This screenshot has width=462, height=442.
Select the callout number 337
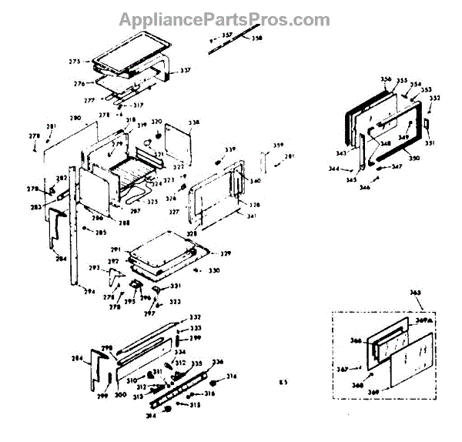coord(185,71)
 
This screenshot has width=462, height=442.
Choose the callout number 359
coord(279,146)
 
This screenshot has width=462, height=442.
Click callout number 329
coord(226,253)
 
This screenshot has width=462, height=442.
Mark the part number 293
coord(95,268)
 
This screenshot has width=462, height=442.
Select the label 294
coord(89,292)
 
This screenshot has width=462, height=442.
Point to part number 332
coord(196,317)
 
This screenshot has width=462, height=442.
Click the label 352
coord(434,98)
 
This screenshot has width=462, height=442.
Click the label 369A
coord(422,320)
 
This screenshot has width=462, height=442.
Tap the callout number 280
coord(75,119)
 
